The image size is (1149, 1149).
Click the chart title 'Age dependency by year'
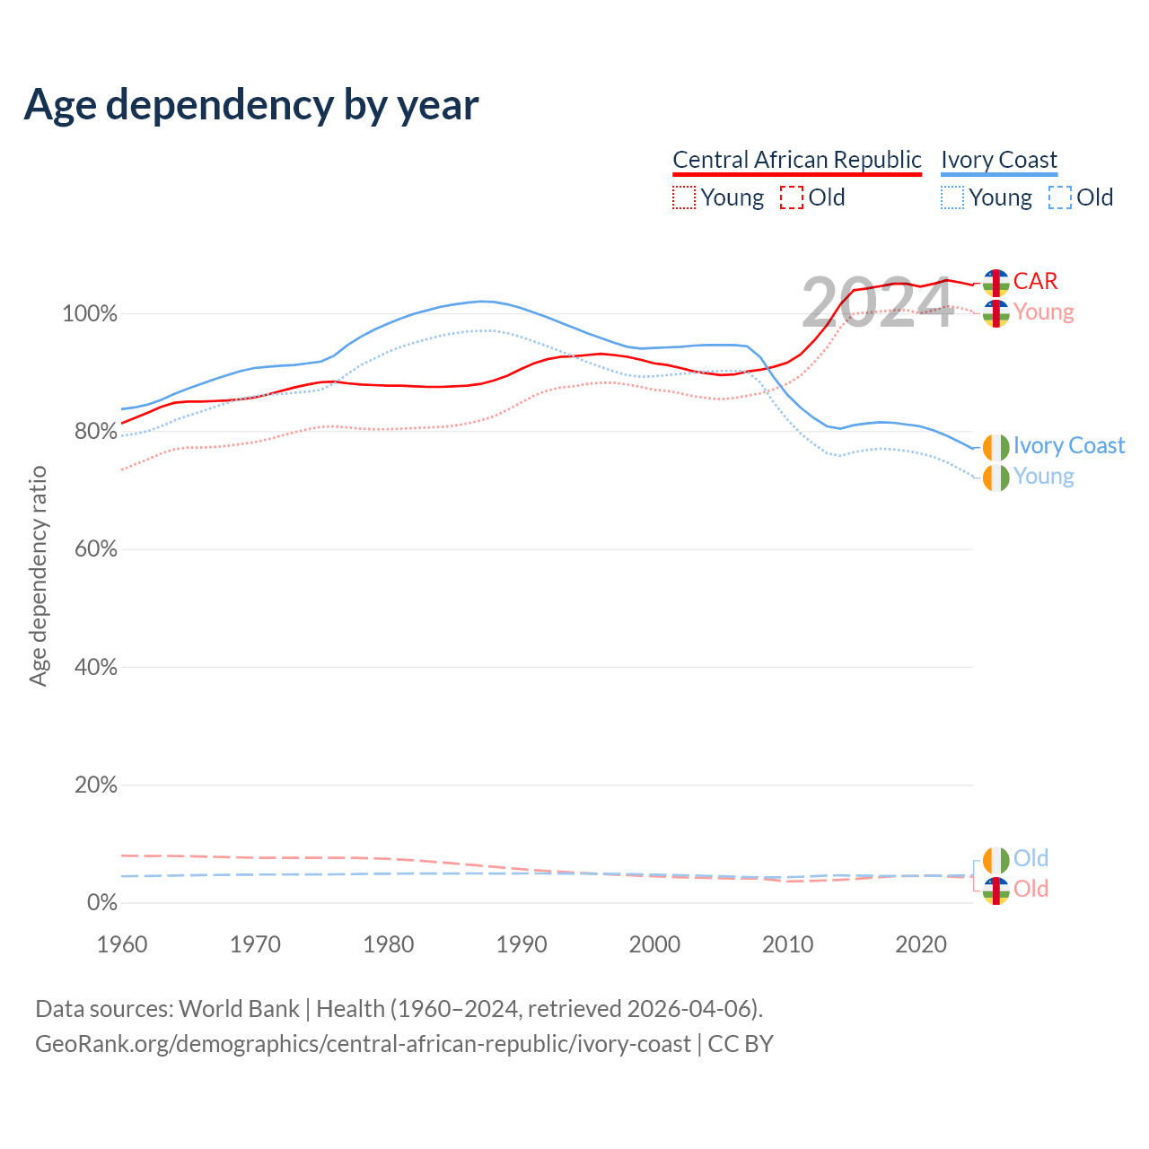[x=251, y=104]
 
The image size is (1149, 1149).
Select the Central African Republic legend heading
[x=797, y=160]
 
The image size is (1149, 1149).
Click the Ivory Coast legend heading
[x=999, y=160]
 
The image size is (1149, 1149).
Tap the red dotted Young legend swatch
[x=684, y=197]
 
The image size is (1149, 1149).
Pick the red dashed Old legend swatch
[x=792, y=197]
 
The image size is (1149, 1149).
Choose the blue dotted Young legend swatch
[x=952, y=197]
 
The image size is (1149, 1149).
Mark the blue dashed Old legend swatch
[x=1060, y=197]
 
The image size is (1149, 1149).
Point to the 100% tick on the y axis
[x=90, y=314]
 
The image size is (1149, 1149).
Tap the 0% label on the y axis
[x=101, y=903]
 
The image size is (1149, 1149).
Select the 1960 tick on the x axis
[x=122, y=944]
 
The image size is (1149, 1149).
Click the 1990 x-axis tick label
[x=522, y=944]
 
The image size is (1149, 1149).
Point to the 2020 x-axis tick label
[x=921, y=944]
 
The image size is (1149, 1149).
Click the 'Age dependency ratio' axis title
[x=38, y=575]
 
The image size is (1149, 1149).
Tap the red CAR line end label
[x=1035, y=281]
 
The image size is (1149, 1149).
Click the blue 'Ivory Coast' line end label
[x=1068, y=446]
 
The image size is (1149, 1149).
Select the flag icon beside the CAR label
[x=996, y=283]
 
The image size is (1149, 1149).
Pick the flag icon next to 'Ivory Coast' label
[x=996, y=447]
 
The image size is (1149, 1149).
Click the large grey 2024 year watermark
[x=877, y=303]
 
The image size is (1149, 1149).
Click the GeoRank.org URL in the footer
[x=363, y=1044]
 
